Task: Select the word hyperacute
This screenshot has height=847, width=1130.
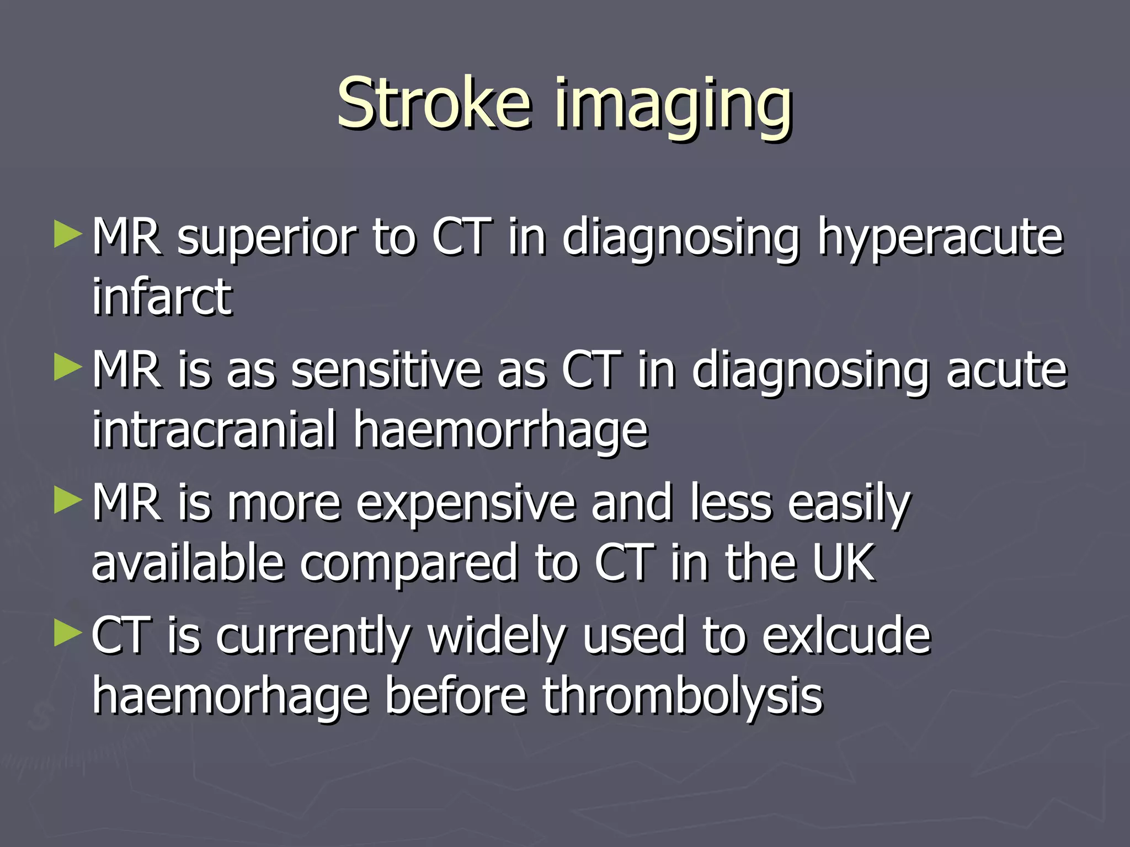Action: [939, 238]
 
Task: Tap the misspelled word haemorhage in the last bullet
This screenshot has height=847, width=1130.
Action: [230, 696]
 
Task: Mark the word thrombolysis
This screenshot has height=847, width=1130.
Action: [682, 696]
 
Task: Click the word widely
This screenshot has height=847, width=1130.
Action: [497, 637]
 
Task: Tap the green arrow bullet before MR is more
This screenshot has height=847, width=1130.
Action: [68, 501]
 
